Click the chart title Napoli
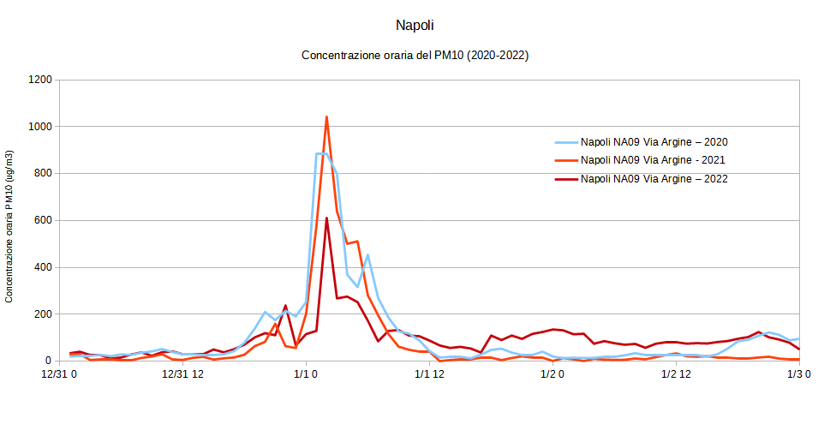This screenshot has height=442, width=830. [415, 26]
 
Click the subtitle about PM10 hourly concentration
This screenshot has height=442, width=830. [415, 56]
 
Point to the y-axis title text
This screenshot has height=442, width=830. [9, 226]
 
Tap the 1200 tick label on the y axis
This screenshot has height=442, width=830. [40, 80]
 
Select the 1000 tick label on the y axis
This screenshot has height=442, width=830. [40, 127]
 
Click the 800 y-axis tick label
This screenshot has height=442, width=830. [43, 174]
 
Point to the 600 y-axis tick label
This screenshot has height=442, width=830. [43, 220]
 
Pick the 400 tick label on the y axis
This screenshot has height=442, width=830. [43, 267]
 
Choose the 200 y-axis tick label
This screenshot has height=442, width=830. [43, 314]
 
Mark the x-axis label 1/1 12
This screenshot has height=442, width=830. [430, 374]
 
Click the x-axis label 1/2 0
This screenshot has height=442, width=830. [552, 374]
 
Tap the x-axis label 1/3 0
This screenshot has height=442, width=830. [799, 374]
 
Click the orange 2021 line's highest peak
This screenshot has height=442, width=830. [326, 117]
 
